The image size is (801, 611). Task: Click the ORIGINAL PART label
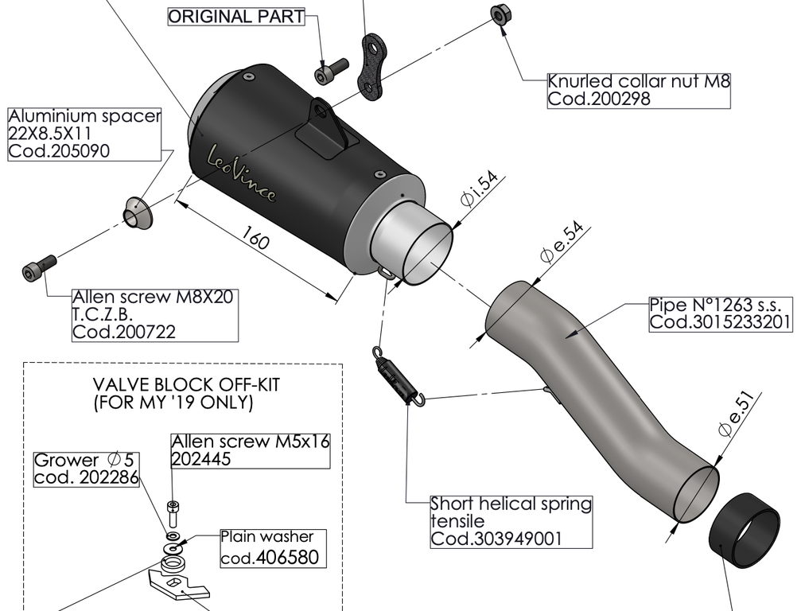pos(236,17)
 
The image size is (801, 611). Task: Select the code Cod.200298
pos(599,99)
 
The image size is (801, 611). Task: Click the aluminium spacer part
pos(136,212)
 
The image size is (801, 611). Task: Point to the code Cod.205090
pos(59,150)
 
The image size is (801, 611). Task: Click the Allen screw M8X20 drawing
pos(39,267)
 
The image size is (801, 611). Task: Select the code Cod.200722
pos(123,332)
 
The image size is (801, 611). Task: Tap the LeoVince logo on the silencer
pos(242,175)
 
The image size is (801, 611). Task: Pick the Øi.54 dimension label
pos(479,190)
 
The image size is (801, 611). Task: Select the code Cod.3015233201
pos(721,322)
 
